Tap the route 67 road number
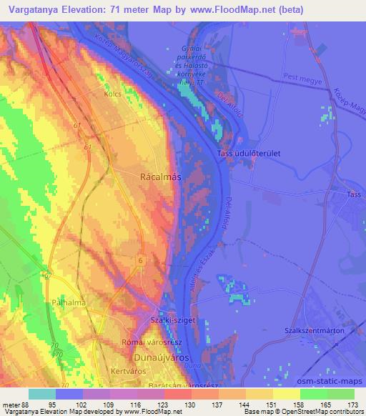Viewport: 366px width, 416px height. (x=46, y=274)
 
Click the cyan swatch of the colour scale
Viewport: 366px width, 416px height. (x=42, y=393)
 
